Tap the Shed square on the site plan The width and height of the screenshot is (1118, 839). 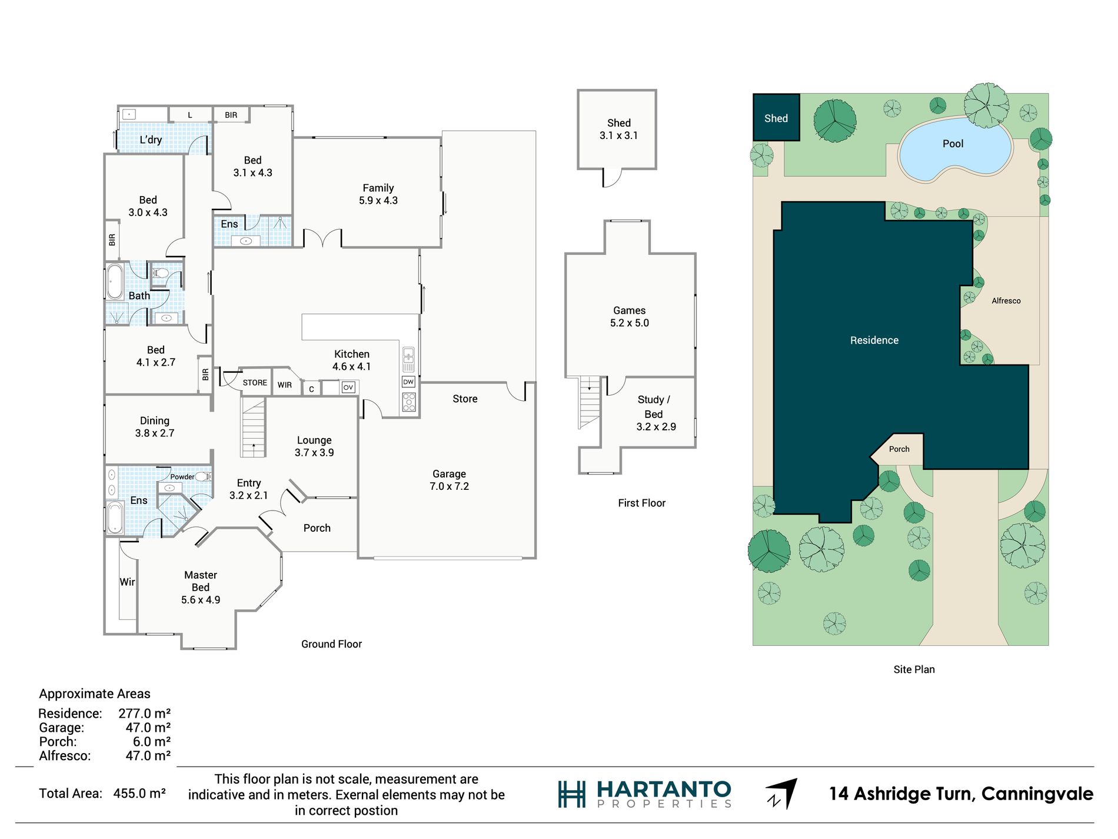776,117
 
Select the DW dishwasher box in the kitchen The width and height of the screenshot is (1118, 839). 408,382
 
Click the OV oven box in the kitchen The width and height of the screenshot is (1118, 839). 348,387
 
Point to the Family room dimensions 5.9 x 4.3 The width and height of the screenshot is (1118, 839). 378,201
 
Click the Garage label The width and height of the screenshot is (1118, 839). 449,474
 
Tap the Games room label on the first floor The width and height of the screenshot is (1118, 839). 630,310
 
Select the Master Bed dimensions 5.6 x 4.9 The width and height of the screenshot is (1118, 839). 201,600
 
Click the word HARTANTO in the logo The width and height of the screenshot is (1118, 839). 664,790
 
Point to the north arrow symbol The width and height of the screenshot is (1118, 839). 782,794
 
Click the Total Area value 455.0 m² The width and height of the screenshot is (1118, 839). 139,794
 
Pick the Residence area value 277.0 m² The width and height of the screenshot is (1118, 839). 145,714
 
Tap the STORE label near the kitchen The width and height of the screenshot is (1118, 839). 255,383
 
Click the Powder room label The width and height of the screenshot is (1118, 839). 182,477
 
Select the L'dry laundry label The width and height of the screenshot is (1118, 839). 151,140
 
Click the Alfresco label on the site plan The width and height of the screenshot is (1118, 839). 1006,301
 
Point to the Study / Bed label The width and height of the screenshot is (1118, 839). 654,407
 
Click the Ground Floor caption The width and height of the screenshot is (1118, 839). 331,644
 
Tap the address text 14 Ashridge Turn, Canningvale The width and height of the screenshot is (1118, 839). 961,794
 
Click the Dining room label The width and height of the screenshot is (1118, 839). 155,421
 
